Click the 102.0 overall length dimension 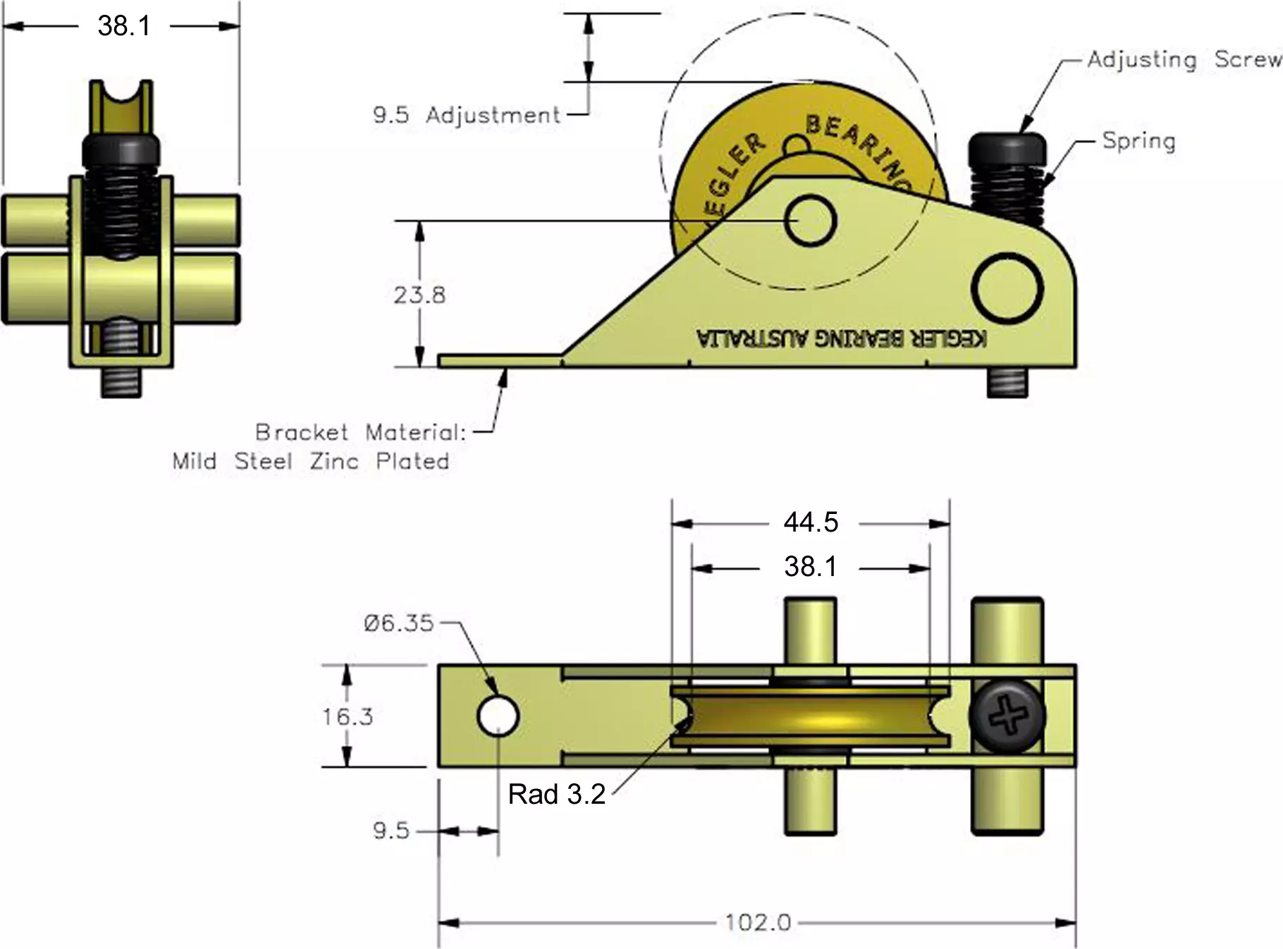tap(758, 922)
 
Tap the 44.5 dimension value tap(811, 522)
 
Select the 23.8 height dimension tap(419, 295)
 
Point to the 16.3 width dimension tap(348, 717)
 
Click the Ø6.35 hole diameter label tap(398, 623)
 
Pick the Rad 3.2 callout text tap(556, 795)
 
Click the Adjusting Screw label tap(1184, 59)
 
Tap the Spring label tap(1138, 141)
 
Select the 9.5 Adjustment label tap(466, 115)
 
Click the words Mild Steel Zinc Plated tap(310, 461)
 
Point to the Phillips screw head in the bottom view tap(1007, 717)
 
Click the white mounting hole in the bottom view tap(498, 716)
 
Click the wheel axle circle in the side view tap(811, 221)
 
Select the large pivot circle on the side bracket tap(1007, 288)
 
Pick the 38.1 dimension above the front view tap(123, 26)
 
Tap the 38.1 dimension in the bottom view tap(811, 567)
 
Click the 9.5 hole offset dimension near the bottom tap(391, 831)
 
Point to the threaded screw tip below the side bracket tap(1007, 383)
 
